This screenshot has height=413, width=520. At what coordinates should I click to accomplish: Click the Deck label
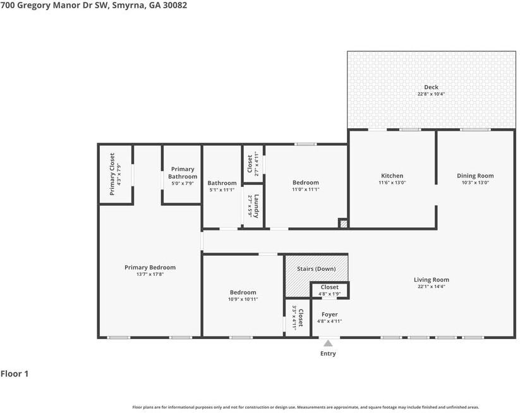click(x=431, y=87)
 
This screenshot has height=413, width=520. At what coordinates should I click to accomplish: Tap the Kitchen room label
click(x=392, y=176)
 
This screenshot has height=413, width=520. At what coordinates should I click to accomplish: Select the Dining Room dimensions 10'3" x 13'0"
click(x=475, y=183)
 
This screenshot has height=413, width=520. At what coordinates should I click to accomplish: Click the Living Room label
click(x=431, y=280)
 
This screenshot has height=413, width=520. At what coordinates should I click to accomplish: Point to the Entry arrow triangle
click(x=328, y=344)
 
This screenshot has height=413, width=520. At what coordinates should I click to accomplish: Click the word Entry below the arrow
click(x=328, y=354)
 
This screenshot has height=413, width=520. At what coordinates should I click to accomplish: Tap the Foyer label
click(x=329, y=314)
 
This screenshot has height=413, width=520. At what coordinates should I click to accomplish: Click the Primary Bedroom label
click(x=150, y=267)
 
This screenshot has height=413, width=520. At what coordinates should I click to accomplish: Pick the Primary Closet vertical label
click(x=112, y=174)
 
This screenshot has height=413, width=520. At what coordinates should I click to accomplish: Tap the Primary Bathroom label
click(x=183, y=172)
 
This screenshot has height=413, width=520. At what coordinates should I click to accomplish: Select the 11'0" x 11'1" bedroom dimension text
click(x=305, y=189)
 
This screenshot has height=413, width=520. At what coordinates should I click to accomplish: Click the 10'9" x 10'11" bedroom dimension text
click(x=243, y=299)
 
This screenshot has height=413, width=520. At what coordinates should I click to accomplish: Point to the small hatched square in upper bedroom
click(x=343, y=223)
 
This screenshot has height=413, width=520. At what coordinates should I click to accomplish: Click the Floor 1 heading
click(x=15, y=374)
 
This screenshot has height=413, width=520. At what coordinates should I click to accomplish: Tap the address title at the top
click(x=94, y=5)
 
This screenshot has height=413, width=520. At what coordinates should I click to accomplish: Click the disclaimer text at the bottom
click(x=305, y=407)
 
